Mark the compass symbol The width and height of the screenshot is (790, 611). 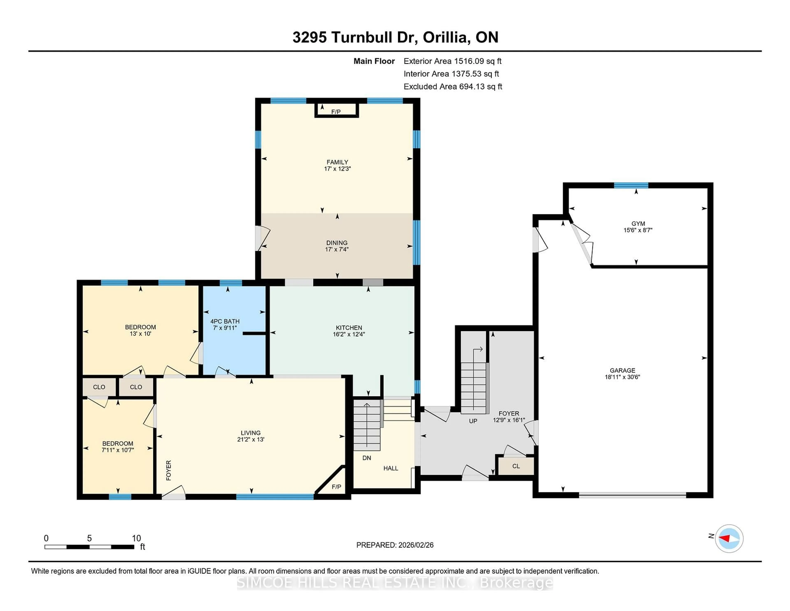click(729, 538)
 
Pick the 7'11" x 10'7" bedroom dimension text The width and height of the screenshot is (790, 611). click(117, 450)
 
